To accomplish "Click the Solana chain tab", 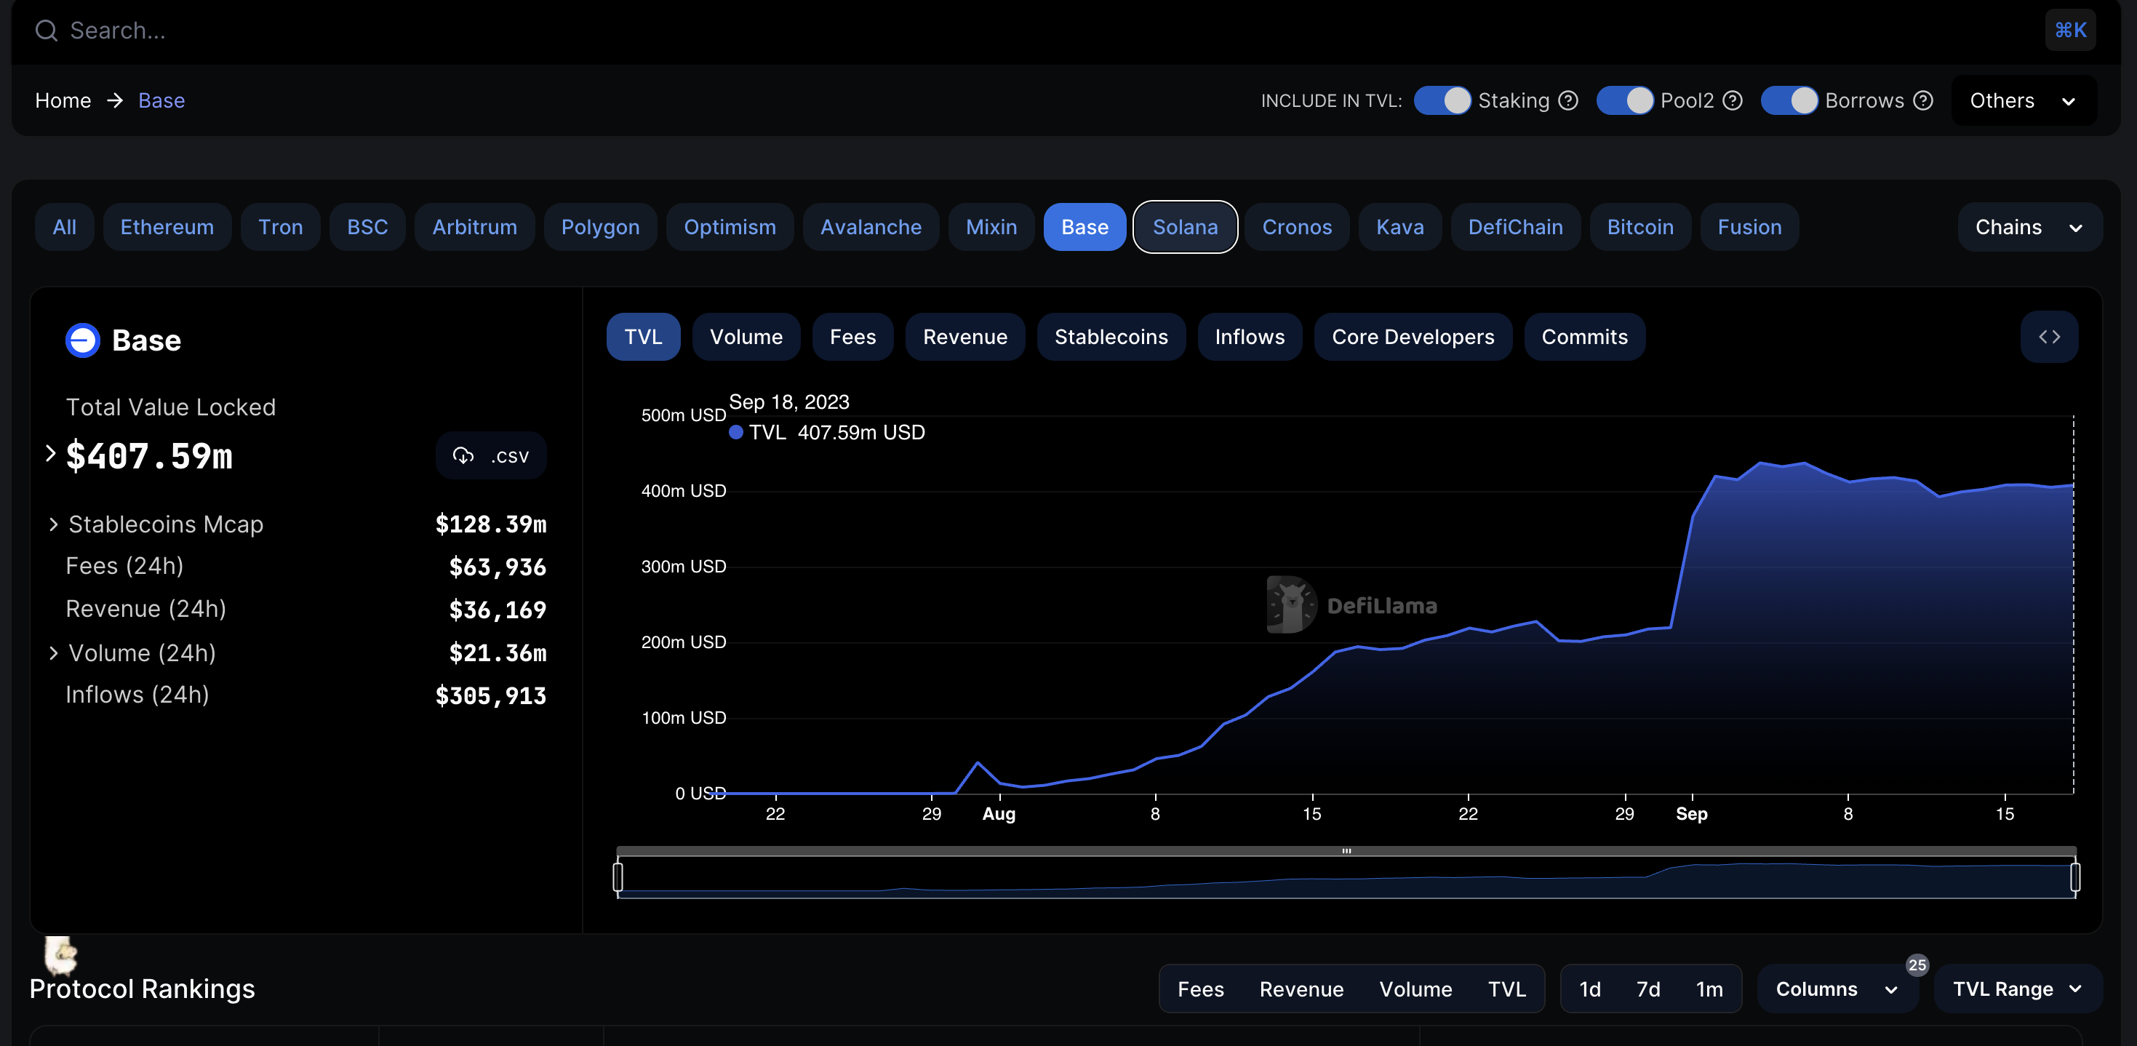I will [1185, 226].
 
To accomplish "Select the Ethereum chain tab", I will [167, 226].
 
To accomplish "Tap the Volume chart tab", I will [746, 337].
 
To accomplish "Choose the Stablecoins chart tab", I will [1111, 337].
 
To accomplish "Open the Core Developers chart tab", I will [1412, 337].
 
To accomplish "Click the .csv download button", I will [491, 455].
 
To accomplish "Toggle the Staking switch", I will [1442, 100].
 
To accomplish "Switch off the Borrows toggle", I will [1789, 100].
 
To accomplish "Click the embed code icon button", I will [2049, 337].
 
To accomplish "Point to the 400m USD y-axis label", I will [683, 491].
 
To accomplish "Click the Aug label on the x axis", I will [999, 814].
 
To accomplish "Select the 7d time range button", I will [1647, 989].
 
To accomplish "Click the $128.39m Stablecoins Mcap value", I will [490, 524].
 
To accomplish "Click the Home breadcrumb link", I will [63, 100].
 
